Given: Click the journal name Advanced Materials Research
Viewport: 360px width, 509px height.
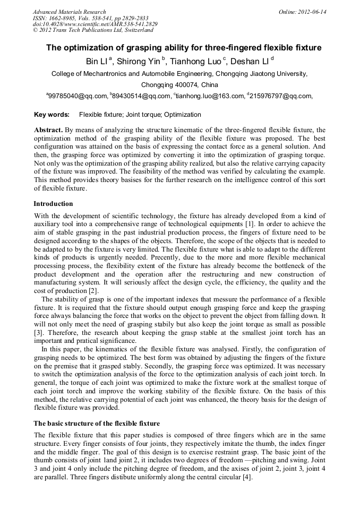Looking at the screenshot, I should [69, 12].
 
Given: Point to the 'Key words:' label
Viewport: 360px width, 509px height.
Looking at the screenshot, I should [52, 114].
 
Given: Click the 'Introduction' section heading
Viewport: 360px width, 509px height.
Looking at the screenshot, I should [53, 204].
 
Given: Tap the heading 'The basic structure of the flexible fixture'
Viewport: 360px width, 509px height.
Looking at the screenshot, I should [97, 423].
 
